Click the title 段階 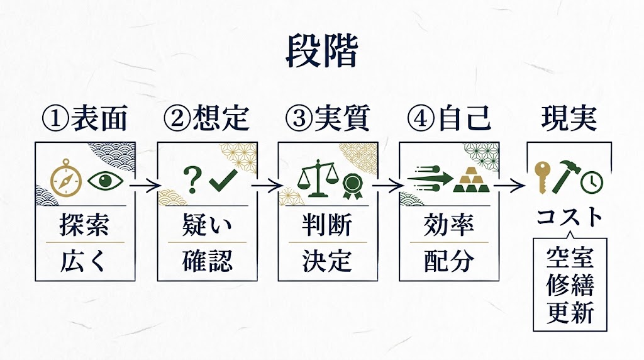click(321, 51)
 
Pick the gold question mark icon click(191, 179)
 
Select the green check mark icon click(223, 180)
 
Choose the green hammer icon click(567, 179)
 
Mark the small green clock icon click(592, 182)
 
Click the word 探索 click(86, 225)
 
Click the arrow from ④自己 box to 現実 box click(509, 186)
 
